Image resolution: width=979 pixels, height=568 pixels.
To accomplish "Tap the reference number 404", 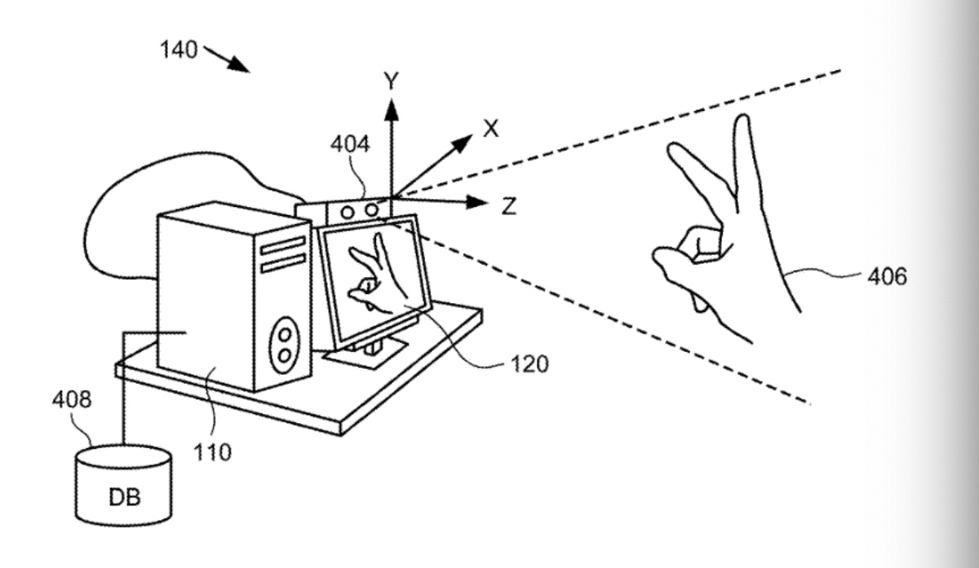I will point(350,145).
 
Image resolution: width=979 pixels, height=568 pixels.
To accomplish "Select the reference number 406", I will point(887,277).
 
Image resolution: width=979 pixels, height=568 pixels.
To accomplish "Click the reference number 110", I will point(212,450).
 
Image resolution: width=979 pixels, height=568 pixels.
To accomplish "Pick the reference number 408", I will point(72,399).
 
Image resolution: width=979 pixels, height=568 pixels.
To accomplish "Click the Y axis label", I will point(392,81).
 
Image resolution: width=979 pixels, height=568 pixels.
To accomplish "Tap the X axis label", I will point(489,128).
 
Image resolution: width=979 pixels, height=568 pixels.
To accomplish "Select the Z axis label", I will point(508,206).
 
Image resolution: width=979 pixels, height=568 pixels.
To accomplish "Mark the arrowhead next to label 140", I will point(240,65).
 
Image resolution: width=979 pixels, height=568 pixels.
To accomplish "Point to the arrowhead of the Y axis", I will point(392,106).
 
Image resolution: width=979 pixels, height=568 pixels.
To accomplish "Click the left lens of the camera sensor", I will point(348,213).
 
